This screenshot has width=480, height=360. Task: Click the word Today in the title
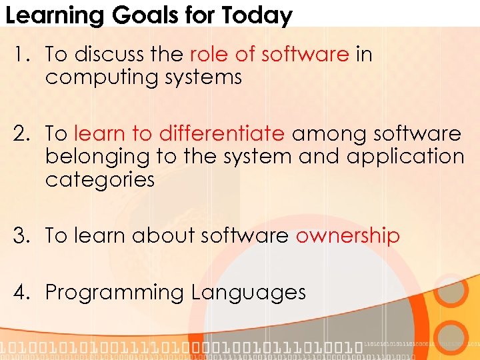pos(257,15)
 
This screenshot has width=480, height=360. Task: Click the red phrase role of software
pos(269,54)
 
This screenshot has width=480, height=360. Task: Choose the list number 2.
pos(19,134)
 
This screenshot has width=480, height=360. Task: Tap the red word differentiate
pos(222,134)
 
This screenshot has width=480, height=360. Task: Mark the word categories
pos(100,179)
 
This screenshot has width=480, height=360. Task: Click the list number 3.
pos(19,235)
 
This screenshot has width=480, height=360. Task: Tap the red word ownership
pos(347,235)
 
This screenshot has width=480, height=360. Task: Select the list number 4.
pos(19,292)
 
